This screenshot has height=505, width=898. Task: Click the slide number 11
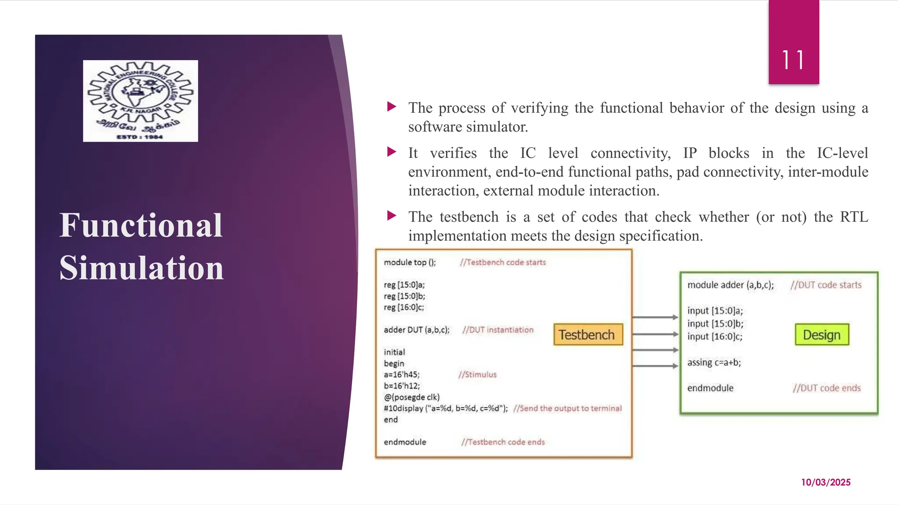(793, 60)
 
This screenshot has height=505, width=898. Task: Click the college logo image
(140, 101)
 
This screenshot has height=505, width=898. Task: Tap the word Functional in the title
(141, 225)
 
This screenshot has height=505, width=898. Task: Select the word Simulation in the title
(142, 268)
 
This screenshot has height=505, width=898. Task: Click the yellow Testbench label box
(588, 335)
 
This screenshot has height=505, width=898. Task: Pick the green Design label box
(822, 335)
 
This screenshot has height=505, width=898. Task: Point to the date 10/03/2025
(826, 482)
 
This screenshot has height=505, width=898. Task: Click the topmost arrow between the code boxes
(656, 317)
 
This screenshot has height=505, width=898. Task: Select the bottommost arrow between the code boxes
(656, 366)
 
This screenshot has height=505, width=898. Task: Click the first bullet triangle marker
(392, 107)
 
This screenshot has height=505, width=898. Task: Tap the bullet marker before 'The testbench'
(392, 216)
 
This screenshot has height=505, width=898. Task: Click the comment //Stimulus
(478, 375)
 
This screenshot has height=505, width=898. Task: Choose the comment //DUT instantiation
(498, 330)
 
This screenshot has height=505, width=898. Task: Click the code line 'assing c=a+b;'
(714, 363)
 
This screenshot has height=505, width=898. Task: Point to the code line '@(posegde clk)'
(412, 397)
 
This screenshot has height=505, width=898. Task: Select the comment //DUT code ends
(827, 388)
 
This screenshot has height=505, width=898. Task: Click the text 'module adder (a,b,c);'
(731, 285)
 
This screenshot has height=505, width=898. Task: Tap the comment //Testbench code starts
(502, 262)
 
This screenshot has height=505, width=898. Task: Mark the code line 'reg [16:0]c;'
(404, 307)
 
